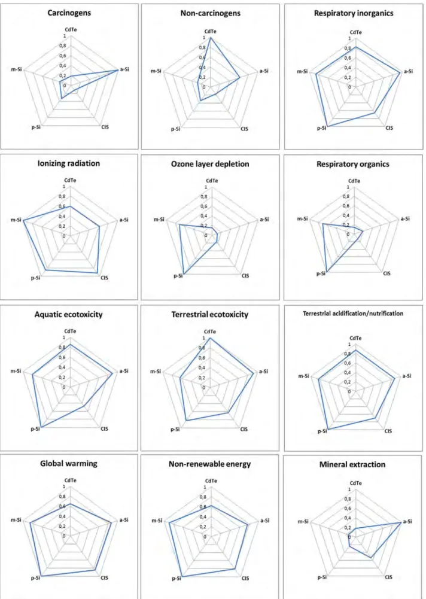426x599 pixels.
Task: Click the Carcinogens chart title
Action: [x=69, y=13]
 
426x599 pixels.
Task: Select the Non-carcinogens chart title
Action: [x=211, y=13]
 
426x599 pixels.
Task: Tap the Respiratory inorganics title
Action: [x=354, y=13]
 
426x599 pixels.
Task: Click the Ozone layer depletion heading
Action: [x=211, y=164]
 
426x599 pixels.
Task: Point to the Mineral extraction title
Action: [x=352, y=464]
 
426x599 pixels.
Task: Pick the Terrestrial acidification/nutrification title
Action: [x=353, y=314]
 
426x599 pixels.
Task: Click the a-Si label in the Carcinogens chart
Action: [x=124, y=69]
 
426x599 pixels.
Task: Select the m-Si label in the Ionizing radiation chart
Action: [x=16, y=220]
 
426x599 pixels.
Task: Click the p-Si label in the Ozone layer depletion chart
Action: [x=178, y=276]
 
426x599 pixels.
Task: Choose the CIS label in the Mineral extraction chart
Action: [x=388, y=577]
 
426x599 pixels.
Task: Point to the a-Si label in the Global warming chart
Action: [x=124, y=519]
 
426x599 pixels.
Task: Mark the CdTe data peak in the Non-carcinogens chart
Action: [x=211, y=38]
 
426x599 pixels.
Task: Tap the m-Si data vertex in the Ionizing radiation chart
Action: [x=23, y=220]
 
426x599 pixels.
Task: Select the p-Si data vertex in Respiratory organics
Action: [x=327, y=272]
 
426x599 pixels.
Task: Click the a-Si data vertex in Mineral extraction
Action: [x=401, y=522]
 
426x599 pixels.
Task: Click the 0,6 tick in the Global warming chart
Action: [x=62, y=506]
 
